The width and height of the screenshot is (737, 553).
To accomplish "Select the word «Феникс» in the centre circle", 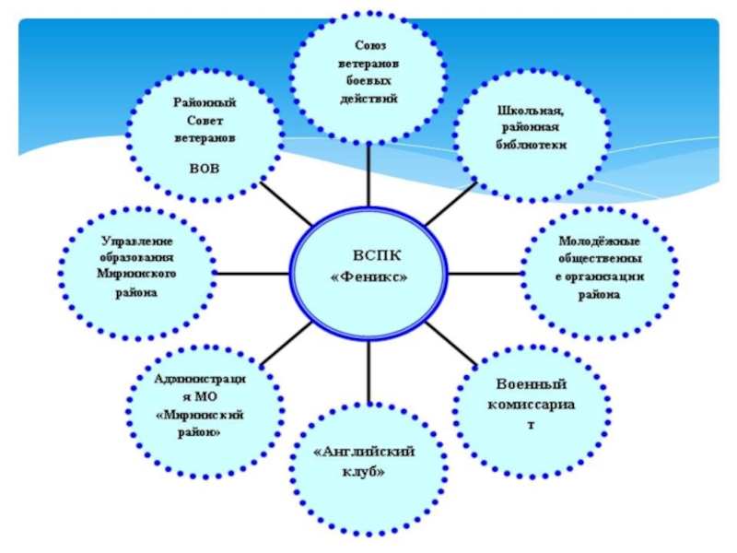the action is click(368, 276).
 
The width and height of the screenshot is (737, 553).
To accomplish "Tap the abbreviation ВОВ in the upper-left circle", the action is click(205, 168).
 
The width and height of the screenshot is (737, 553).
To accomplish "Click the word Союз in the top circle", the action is click(369, 46).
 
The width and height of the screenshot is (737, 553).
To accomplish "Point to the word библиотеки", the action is click(528, 146).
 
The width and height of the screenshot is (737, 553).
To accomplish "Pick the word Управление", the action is click(137, 241).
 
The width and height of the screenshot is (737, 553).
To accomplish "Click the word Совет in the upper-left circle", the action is click(205, 121).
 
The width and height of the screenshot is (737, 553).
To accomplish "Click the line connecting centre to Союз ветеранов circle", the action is click(368, 175).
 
